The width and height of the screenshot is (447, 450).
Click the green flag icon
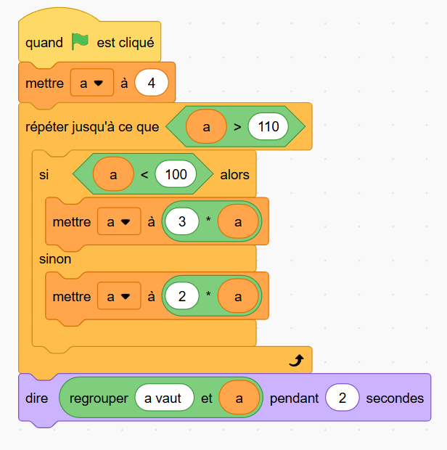(x=80, y=42)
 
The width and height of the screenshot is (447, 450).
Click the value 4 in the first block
(x=151, y=83)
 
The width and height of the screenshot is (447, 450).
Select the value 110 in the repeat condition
(x=268, y=127)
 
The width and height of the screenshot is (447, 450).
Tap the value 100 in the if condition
(x=176, y=174)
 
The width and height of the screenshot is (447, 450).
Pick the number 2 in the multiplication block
(x=183, y=296)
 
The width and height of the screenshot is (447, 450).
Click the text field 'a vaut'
(x=163, y=398)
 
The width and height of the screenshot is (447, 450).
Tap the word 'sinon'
(x=55, y=258)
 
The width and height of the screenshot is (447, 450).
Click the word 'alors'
(x=234, y=174)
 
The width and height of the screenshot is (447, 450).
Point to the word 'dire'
(x=36, y=398)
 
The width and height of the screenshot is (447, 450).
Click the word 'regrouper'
(x=99, y=398)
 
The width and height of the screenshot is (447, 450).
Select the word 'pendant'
(x=294, y=398)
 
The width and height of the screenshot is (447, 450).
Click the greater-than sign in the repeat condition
(x=237, y=127)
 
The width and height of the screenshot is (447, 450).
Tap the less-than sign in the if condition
(x=144, y=174)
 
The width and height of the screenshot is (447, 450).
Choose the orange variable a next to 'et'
(x=239, y=398)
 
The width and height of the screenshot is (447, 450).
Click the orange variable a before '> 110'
(x=206, y=127)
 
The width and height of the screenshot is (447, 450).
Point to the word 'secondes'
(x=395, y=398)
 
